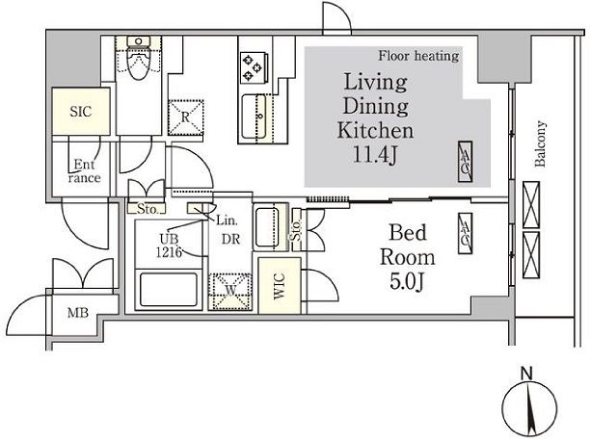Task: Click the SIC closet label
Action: [x=81, y=112]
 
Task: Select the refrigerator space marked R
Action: [x=185, y=117]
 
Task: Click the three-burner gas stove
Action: [x=254, y=67]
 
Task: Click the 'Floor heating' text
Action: [x=418, y=56]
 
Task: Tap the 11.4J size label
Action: [x=375, y=154]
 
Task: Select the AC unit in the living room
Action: [x=465, y=162]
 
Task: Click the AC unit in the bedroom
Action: [x=465, y=233]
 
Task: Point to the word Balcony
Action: [x=540, y=143]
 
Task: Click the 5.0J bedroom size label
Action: [x=407, y=281]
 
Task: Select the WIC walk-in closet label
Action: [x=280, y=286]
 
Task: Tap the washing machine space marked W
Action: [x=230, y=292]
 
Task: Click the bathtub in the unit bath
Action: [x=169, y=290]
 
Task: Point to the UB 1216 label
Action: [x=170, y=246]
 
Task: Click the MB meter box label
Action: [x=78, y=312]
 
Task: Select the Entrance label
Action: [x=85, y=171]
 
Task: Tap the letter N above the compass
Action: [x=526, y=374]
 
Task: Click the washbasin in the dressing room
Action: [x=271, y=227]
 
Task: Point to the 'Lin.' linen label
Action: [x=227, y=220]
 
